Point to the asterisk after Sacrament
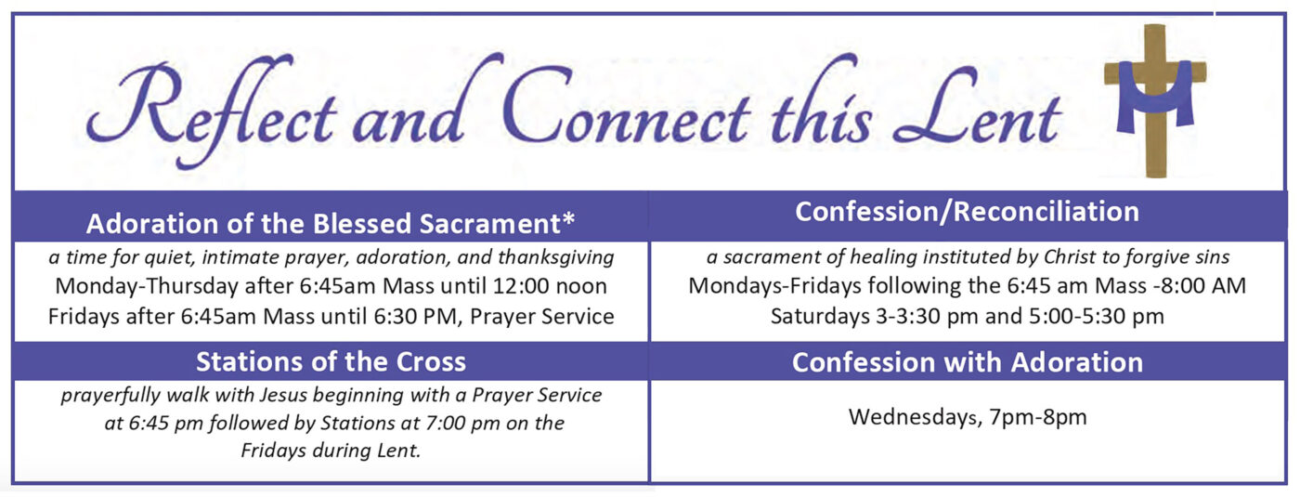click(568, 219)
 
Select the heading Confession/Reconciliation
click(967, 212)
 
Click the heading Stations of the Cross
click(331, 361)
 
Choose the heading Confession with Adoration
click(968, 361)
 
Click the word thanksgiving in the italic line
click(556, 258)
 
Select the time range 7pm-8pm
click(1038, 417)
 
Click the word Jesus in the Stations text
click(283, 395)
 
